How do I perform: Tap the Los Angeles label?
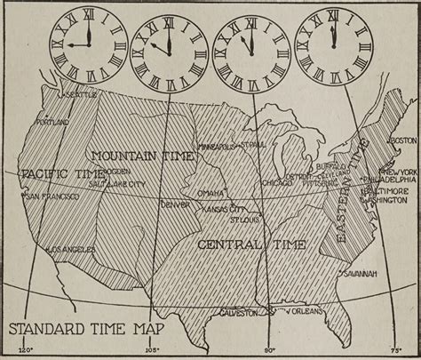68,248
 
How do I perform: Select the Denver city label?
175,204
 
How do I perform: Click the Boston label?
403,140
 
